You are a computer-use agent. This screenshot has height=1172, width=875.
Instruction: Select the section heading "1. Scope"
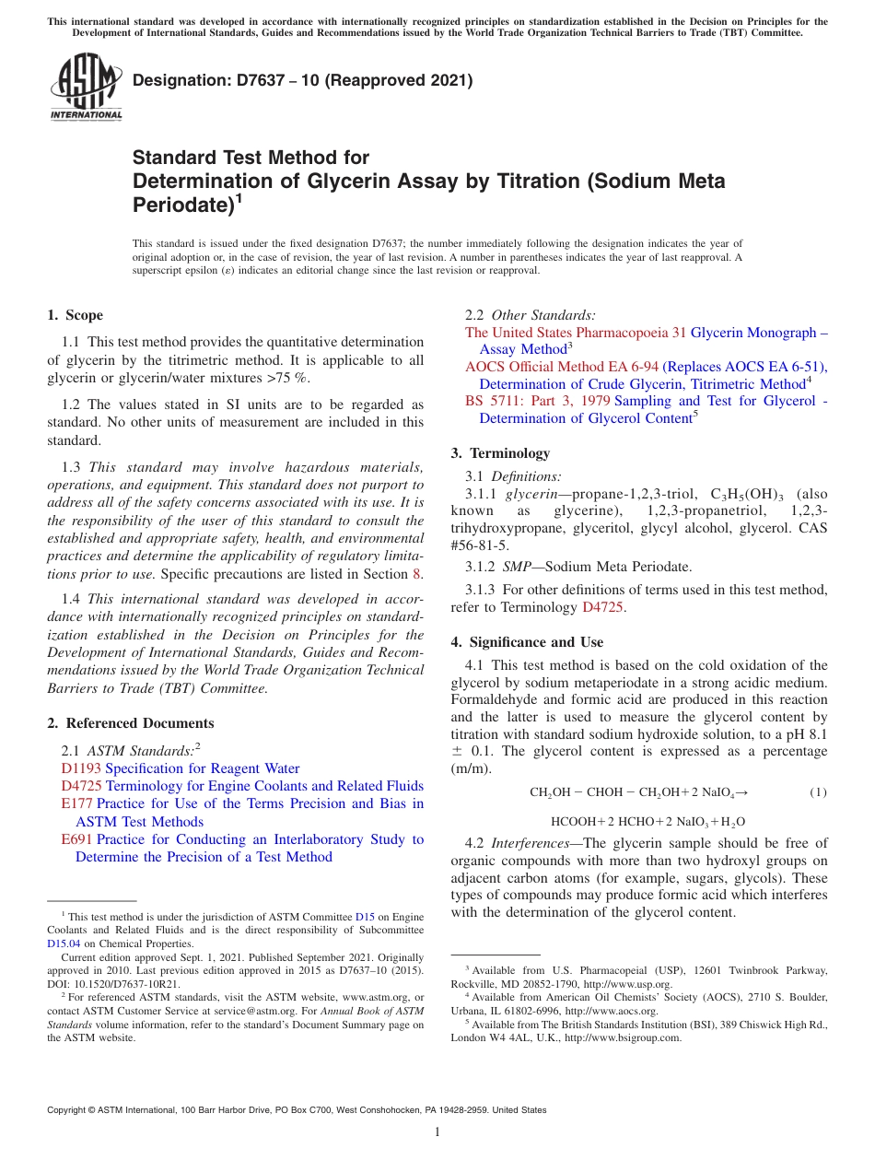pyautogui.click(x=76, y=315)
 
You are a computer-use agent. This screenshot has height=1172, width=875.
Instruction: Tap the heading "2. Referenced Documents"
pyautogui.click(x=131, y=723)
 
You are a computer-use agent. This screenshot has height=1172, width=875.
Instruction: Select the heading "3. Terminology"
pyautogui.click(x=500, y=453)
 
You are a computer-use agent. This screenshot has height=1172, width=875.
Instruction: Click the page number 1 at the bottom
pyautogui.click(x=437, y=1132)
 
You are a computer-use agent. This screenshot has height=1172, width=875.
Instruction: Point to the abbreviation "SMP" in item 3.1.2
pyautogui.click(x=516, y=567)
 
